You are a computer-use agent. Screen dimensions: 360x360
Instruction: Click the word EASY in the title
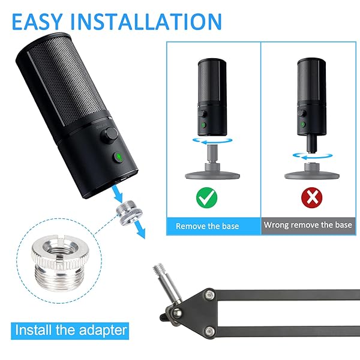click(x=37, y=22)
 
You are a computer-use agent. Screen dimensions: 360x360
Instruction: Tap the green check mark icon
click(x=206, y=197)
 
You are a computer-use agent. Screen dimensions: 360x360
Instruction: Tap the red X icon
click(x=311, y=197)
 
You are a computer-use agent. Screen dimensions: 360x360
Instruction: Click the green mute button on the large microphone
click(x=119, y=157)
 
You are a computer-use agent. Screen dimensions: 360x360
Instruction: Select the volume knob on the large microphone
click(x=110, y=135)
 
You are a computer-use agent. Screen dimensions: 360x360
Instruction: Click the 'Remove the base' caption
click(x=208, y=226)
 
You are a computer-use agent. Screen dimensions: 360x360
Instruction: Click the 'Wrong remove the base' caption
click(x=308, y=224)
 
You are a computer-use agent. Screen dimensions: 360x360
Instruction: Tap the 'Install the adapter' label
click(x=71, y=330)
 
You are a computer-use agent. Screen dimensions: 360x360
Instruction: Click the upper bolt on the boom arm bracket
click(x=209, y=294)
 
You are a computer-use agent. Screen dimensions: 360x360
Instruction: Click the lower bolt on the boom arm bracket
click(x=209, y=331)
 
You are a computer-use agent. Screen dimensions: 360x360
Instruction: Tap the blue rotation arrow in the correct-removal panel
click(x=212, y=140)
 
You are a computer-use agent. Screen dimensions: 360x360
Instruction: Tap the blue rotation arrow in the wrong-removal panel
click(x=313, y=156)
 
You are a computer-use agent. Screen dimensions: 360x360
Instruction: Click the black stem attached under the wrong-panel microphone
click(x=312, y=143)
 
